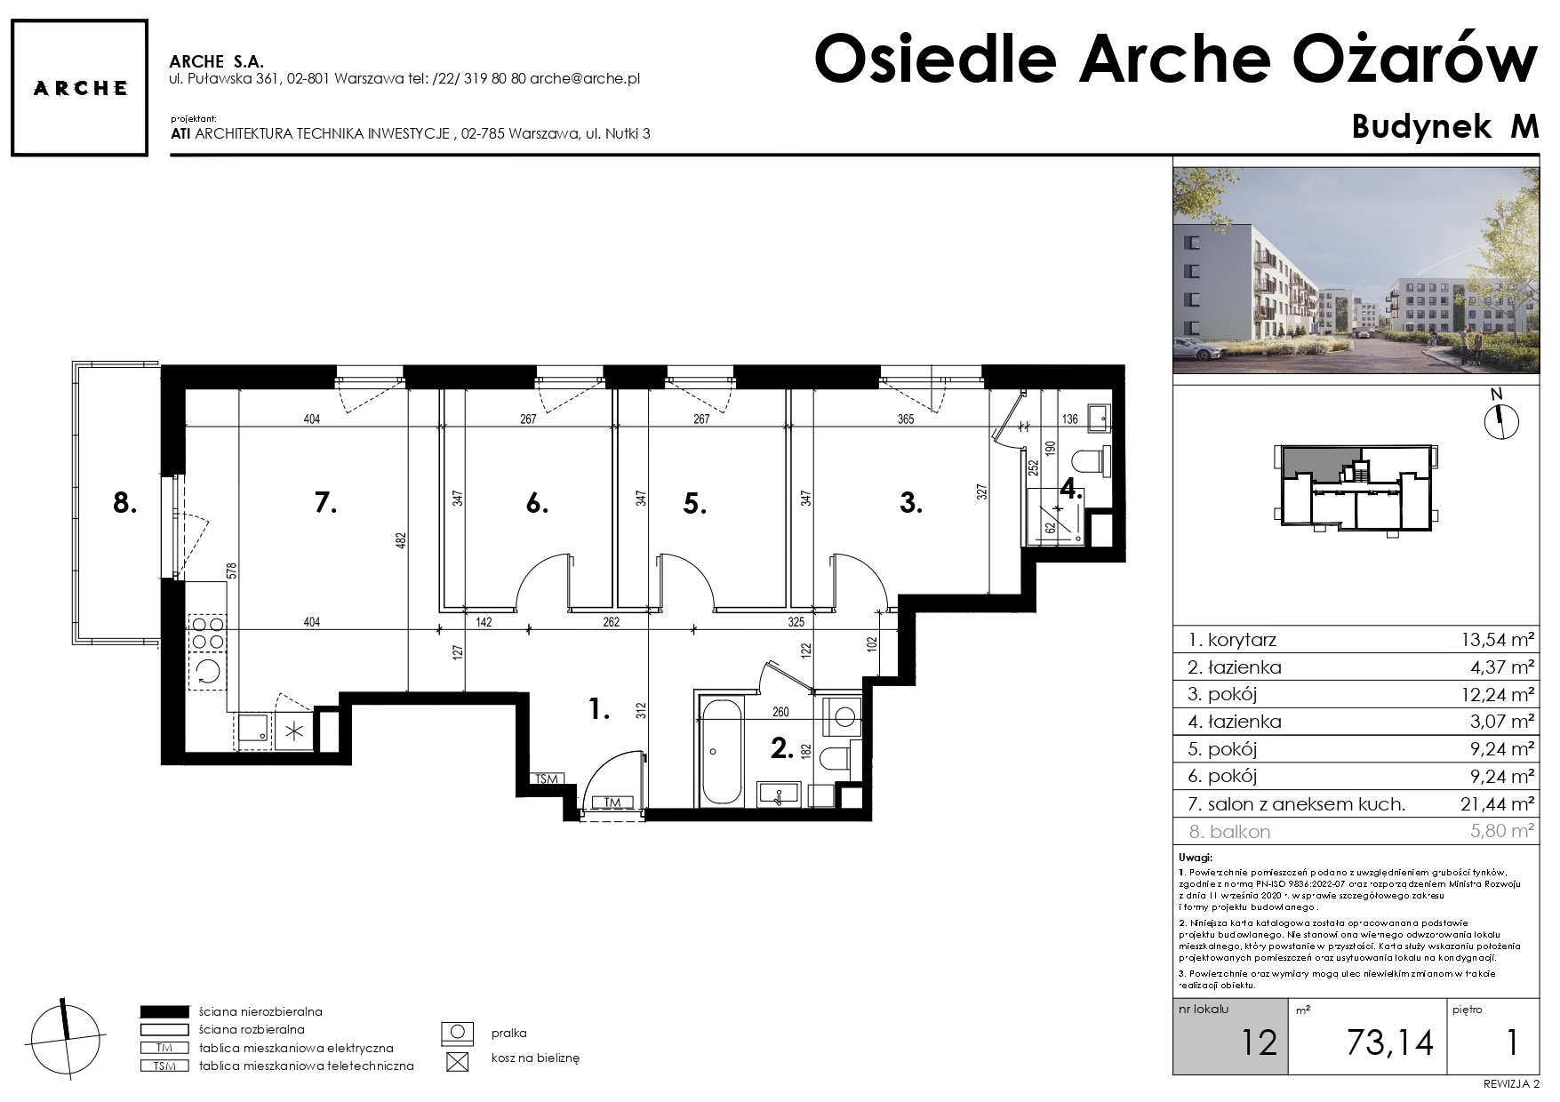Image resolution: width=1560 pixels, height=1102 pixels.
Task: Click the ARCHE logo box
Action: pyautogui.click(x=80, y=88)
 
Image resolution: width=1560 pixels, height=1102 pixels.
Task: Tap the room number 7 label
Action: pyautogui.click(x=325, y=504)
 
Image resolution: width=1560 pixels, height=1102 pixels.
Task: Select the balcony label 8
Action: pyautogui.click(x=125, y=504)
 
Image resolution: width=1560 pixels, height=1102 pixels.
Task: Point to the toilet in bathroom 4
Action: pyautogui.click(x=1088, y=461)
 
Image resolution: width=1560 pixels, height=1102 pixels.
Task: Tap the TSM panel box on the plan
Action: pyautogui.click(x=547, y=779)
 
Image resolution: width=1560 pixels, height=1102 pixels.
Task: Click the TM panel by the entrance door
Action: pyautogui.click(x=612, y=803)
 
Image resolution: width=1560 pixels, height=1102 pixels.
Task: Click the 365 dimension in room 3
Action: pyautogui.click(x=905, y=419)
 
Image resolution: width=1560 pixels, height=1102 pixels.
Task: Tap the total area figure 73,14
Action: pyautogui.click(x=1389, y=1042)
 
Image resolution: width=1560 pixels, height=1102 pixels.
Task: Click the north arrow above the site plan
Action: pyautogui.click(x=1501, y=419)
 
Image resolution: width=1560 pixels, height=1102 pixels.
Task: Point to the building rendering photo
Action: pyautogui.click(x=1356, y=270)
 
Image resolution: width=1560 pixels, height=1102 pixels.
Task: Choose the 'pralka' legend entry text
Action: pyautogui.click(x=509, y=1034)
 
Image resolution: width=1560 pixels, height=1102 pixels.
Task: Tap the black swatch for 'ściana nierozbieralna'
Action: pyautogui.click(x=164, y=1011)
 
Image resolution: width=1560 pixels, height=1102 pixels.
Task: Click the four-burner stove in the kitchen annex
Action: pyautogui.click(x=208, y=632)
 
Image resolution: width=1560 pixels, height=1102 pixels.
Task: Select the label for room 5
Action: pyautogui.click(x=695, y=505)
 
